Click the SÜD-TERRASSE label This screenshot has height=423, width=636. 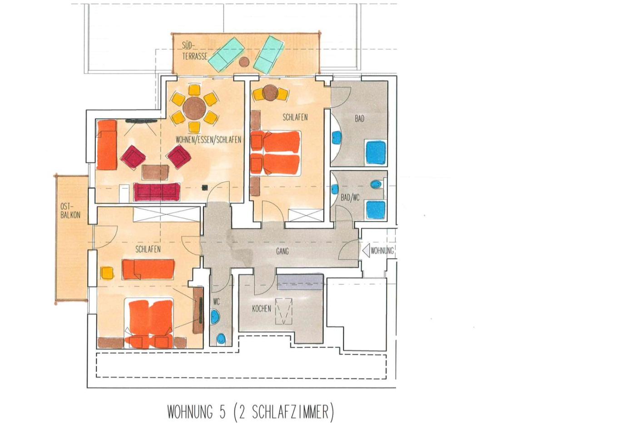194,51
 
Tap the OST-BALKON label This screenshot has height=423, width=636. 70,210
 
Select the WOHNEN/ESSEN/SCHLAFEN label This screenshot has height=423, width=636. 209,139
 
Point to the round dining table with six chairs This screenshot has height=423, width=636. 194,109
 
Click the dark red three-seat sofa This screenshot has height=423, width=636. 157,192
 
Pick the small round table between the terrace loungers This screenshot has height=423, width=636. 244,62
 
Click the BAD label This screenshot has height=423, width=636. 359,119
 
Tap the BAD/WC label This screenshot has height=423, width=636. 350,198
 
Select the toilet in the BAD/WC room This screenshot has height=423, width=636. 377,184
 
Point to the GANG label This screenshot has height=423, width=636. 282,251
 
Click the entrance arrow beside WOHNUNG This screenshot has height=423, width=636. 366,251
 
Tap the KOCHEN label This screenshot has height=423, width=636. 262,309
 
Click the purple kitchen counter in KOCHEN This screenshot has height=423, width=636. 300,282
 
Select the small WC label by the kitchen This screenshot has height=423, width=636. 216,302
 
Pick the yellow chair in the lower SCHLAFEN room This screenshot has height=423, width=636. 107,273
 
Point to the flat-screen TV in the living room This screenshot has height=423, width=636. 141,121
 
